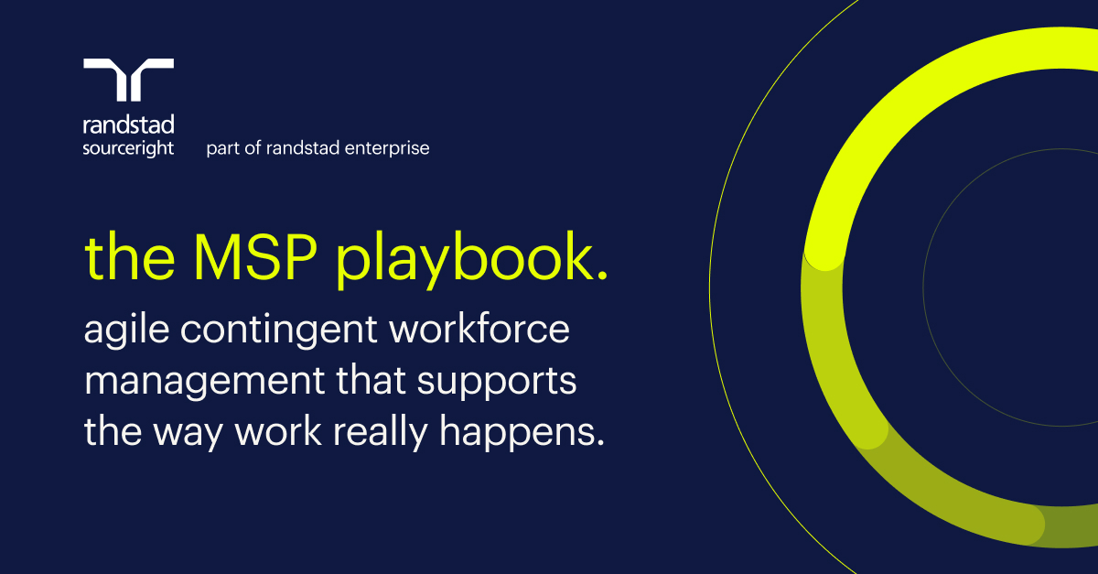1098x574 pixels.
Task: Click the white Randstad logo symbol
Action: coord(128,80)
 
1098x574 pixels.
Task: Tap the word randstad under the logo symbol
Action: coord(128,125)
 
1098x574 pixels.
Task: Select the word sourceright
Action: coord(128,148)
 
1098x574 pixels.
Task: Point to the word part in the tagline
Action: coord(223,148)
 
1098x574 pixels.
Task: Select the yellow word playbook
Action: coord(466,259)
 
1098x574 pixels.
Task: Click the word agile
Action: coord(126,330)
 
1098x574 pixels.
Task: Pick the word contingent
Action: coord(279,330)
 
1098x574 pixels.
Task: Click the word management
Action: coord(204,382)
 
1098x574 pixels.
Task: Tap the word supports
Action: coord(497,382)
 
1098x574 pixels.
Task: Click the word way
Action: coord(188,434)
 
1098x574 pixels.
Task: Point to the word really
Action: coord(381,433)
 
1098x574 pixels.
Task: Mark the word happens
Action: coord(517,433)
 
